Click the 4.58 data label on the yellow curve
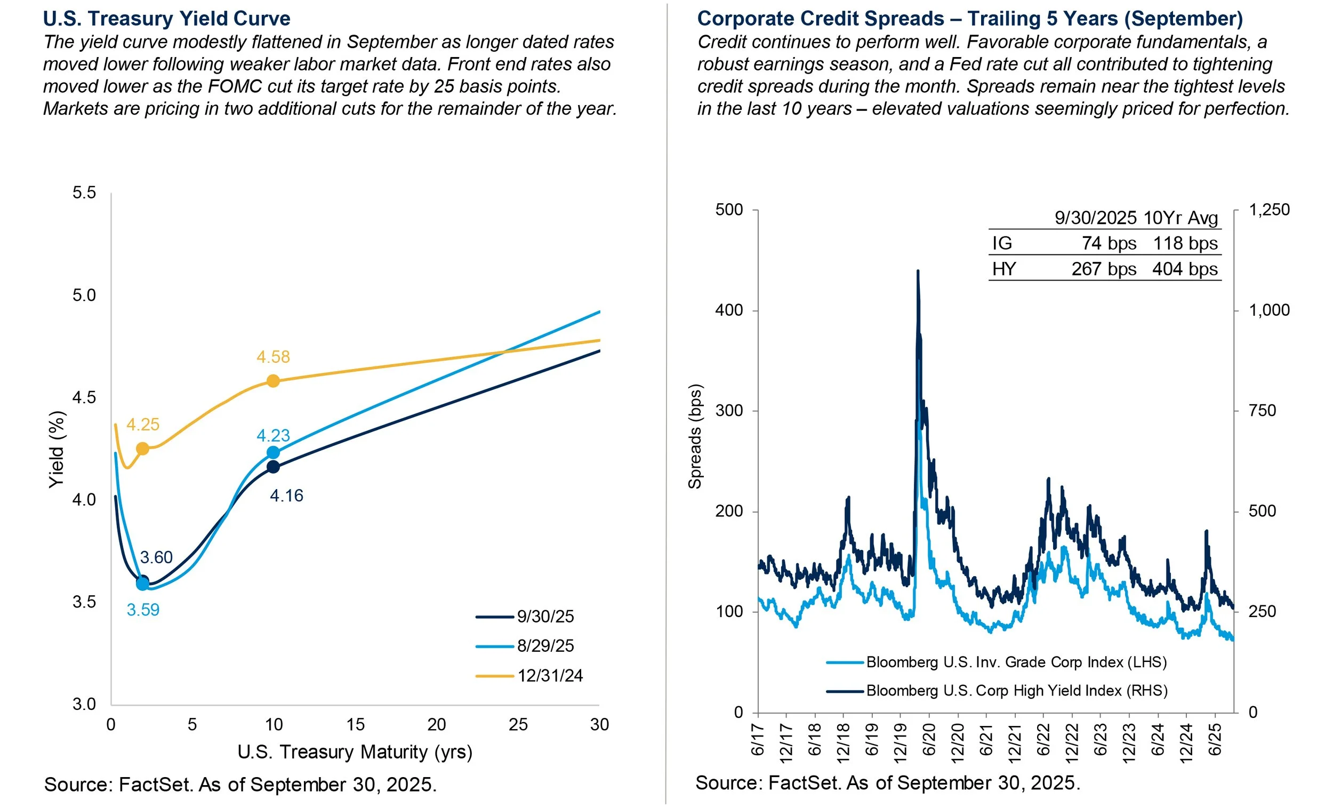[272, 357]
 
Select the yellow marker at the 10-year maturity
[273, 381]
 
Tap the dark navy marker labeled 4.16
[273, 467]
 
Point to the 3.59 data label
[143, 610]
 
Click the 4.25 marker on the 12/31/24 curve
[142, 449]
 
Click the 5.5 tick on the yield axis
[84, 193]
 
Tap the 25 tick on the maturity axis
[518, 725]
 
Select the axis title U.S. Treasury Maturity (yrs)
[355, 752]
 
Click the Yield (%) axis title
[57, 449]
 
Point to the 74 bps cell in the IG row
[1109, 244]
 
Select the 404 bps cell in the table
[1184, 269]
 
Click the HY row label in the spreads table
[1003, 269]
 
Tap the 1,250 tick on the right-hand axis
[1268, 210]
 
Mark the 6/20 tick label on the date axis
[929, 740]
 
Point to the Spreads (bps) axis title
[695, 436]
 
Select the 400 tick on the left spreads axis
[729, 310]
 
